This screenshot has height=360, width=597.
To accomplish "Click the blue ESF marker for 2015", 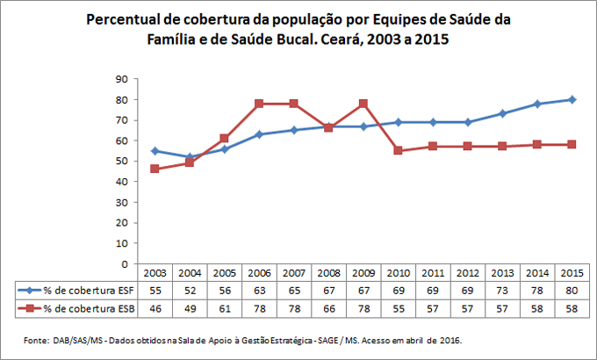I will pyautogui.click(x=572, y=99).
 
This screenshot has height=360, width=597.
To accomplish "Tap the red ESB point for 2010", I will pyautogui.click(x=398, y=151).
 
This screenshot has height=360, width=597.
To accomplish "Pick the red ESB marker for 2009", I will pyautogui.click(x=363, y=104).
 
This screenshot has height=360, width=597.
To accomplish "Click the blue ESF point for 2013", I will pyautogui.click(x=502, y=113).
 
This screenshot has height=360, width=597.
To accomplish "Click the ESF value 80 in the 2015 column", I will pyautogui.click(x=572, y=290).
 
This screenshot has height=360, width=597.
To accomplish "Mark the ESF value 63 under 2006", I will pyautogui.click(x=259, y=290).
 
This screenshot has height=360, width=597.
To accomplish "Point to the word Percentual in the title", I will pyautogui.click(x=125, y=18).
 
